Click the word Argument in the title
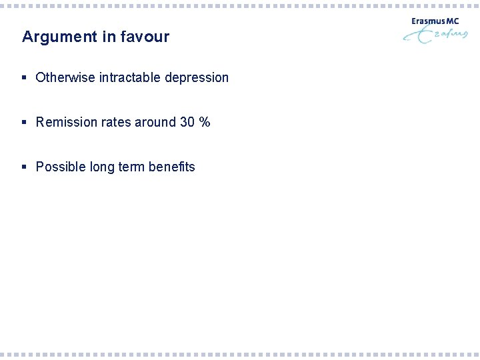pyautogui.click(x=59, y=37)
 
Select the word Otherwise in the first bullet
pyautogui.click(x=65, y=77)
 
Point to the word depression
pyautogui.click(x=197, y=78)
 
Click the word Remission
pyautogui.click(x=65, y=122)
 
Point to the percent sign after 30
pyautogui.click(x=205, y=122)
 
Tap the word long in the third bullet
pyautogui.click(x=102, y=167)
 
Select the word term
pyautogui.click(x=131, y=167)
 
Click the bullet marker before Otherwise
pyautogui.click(x=25, y=78)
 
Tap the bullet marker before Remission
pyautogui.click(x=25, y=123)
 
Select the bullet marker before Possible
pyautogui.click(x=25, y=167)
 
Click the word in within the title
pyautogui.click(x=107, y=37)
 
